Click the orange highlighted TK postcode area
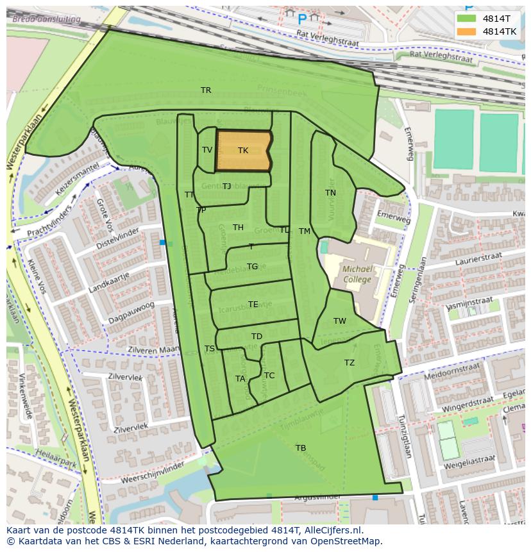pos(242,151)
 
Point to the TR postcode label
pos(206,90)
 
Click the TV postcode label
pos(207,150)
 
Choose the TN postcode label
pos(330,193)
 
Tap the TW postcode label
pos(339,321)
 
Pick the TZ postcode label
pos(349,363)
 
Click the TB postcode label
pos(300,447)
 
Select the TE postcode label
pos(253,305)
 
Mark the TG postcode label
pos(252,267)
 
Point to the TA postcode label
pos(240,379)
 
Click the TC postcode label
pos(269,376)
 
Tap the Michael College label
pos(357,274)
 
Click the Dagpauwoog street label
pos(131,313)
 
